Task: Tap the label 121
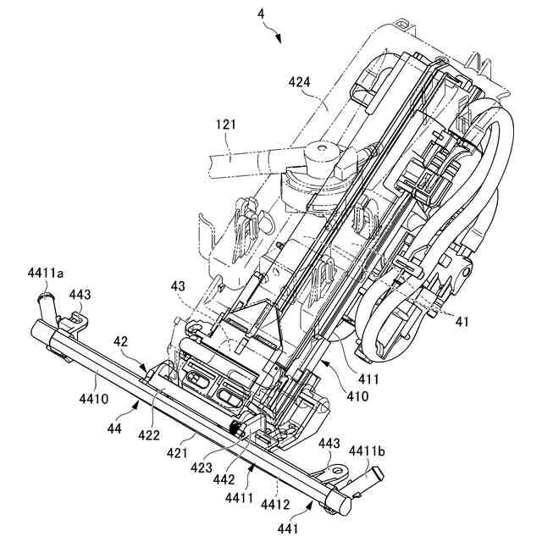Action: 226,124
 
